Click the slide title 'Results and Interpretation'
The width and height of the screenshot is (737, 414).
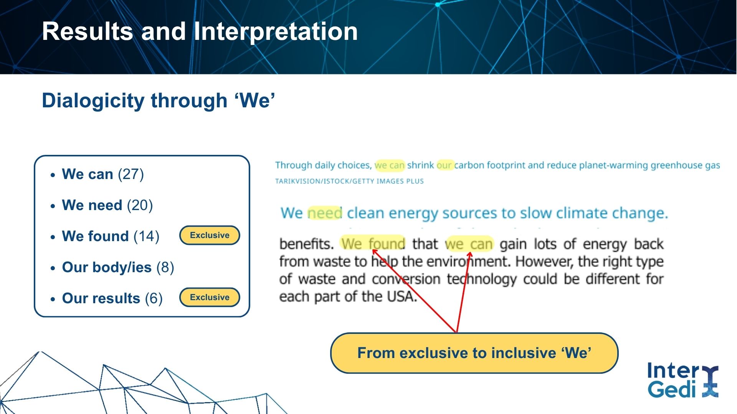tap(200, 31)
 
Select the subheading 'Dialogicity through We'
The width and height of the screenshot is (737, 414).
tap(159, 100)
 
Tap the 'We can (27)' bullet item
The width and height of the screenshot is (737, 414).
tap(103, 174)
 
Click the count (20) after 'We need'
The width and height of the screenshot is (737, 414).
tap(140, 205)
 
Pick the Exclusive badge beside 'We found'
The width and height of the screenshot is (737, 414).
tap(210, 235)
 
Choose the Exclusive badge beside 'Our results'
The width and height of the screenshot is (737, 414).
tap(210, 297)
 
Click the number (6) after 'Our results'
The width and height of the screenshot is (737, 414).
tap(154, 299)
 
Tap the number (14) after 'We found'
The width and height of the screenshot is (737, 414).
tap(146, 237)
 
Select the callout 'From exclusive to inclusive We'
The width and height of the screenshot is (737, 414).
tap(474, 353)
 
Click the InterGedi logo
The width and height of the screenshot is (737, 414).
tap(683, 380)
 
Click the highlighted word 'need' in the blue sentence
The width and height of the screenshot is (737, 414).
tap(325, 213)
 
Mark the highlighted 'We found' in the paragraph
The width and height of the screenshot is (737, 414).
tap(373, 244)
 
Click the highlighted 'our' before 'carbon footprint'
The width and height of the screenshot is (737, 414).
tap(444, 165)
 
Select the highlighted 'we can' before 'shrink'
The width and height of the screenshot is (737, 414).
tap(390, 165)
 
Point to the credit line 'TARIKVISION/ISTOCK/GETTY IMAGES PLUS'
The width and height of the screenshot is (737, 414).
tap(349, 181)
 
